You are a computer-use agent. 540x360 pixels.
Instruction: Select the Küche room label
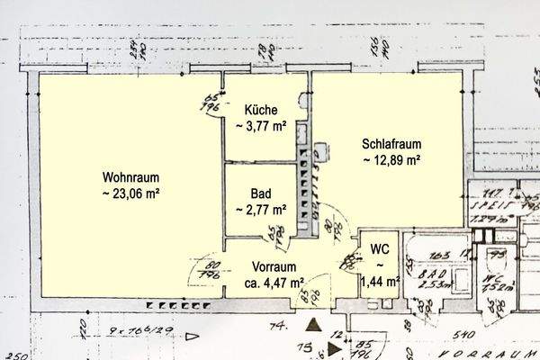(260, 109)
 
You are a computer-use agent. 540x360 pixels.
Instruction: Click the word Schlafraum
(392, 144)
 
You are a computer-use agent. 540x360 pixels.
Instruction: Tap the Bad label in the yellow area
(260, 193)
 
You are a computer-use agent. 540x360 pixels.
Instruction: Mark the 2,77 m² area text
(261, 209)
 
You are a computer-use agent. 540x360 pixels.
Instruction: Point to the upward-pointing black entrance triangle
(312, 327)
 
